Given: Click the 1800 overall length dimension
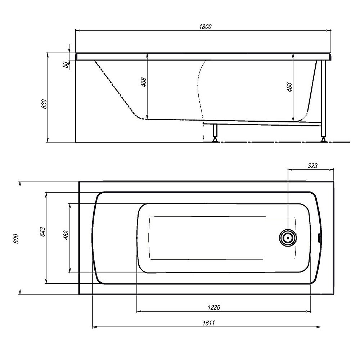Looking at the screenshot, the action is tap(205, 27).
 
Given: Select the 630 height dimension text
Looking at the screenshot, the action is tap(44, 104).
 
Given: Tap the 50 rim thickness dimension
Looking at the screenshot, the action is tap(66, 64).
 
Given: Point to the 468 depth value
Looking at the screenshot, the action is tap(143, 82).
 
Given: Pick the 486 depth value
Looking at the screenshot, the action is tap(289, 87).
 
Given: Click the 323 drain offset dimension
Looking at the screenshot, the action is tap(312, 166).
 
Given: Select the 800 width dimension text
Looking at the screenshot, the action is tap(16, 239).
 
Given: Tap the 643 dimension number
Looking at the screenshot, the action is tap(42, 232).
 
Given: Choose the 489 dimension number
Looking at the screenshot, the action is tap(66, 235).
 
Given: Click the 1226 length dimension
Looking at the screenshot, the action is tap(214, 307).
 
